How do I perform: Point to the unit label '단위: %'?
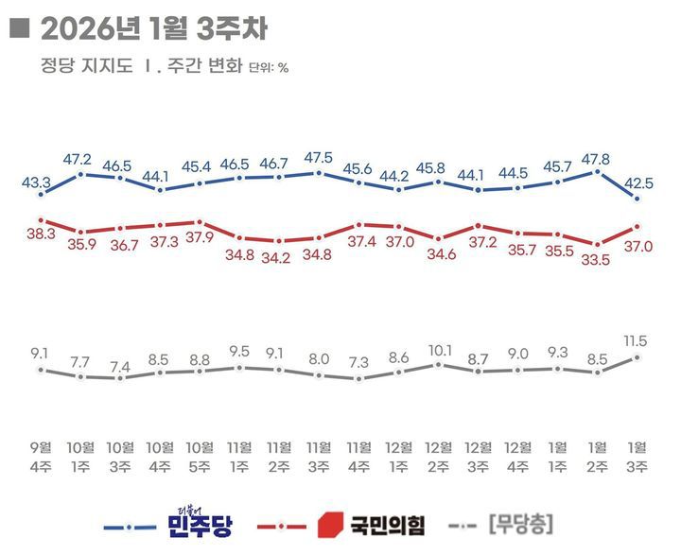(x=269, y=68)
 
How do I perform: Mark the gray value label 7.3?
(x=359, y=362)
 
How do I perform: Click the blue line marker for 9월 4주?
(x=41, y=194)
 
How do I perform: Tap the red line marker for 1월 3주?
(x=638, y=226)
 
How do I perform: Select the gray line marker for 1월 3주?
(x=638, y=357)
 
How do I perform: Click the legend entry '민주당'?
(x=197, y=524)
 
